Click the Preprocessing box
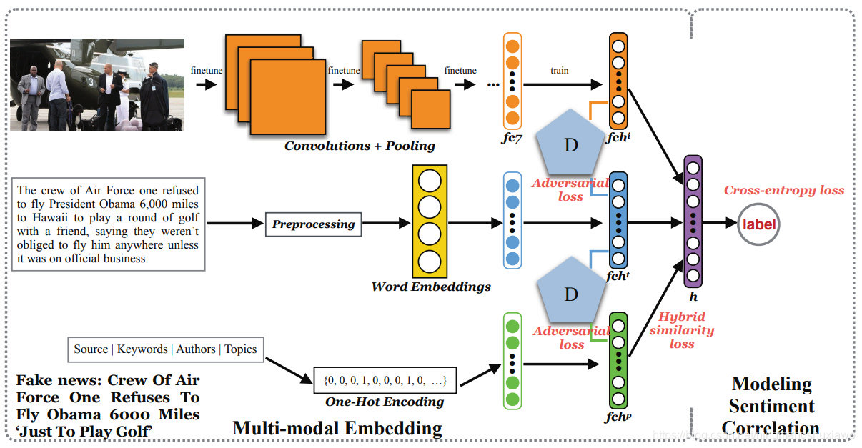[x=313, y=224]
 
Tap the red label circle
[x=758, y=224]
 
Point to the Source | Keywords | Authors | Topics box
[x=165, y=349]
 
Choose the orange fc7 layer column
[x=512, y=80]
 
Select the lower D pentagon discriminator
[x=570, y=294]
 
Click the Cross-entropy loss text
[x=783, y=191]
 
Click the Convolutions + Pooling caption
[x=360, y=146]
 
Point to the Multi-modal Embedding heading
[x=337, y=429]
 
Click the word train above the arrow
[x=560, y=71]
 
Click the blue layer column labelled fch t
[x=618, y=220]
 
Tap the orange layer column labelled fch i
[x=618, y=80]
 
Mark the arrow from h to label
[x=720, y=224]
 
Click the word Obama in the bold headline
[x=71, y=414]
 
